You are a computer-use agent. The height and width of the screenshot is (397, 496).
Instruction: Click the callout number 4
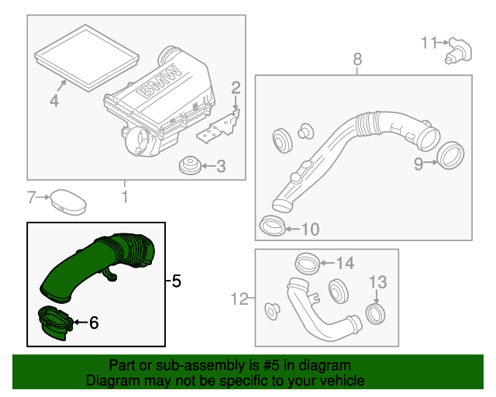point(54,101)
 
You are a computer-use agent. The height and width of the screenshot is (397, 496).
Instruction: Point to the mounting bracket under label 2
point(218,127)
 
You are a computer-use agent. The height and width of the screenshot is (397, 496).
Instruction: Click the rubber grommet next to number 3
point(187,165)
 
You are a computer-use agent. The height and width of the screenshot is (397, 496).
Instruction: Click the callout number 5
point(176,281)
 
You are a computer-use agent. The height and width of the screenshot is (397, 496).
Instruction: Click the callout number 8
point(357,59)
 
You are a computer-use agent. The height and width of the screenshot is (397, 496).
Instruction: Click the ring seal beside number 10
point(270,226)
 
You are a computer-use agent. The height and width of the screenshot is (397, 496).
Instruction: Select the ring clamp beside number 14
point(306,264)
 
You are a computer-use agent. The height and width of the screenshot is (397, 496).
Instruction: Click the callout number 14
point(344,264)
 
